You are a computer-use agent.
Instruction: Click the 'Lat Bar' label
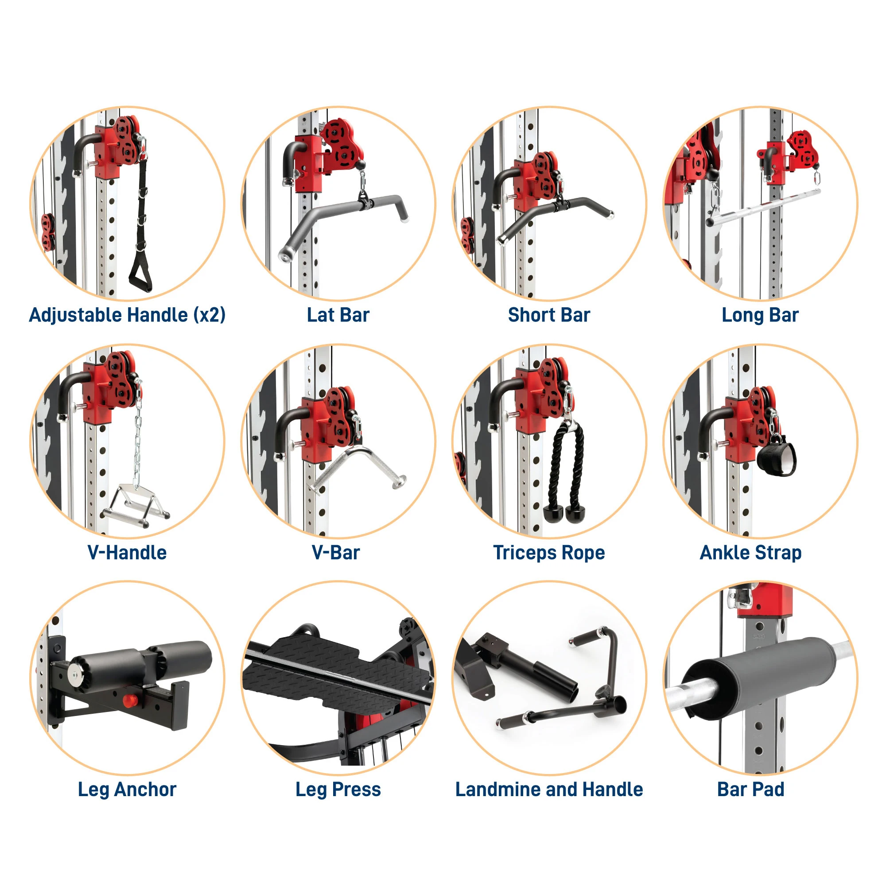tap(338, 315)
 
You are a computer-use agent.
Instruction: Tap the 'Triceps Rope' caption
tap(549, 553)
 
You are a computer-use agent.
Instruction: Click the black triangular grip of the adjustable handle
tap(140, 274)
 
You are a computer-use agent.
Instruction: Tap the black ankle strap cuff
tap(776, 459)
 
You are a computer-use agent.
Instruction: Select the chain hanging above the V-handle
tap(137, 436)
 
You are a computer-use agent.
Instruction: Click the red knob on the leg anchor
tap(129, 701)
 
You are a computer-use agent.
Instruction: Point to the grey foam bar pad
tap(753, 677)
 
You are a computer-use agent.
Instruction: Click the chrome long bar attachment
tap(764, 207)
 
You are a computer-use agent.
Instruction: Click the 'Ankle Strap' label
tap(750, 553)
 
